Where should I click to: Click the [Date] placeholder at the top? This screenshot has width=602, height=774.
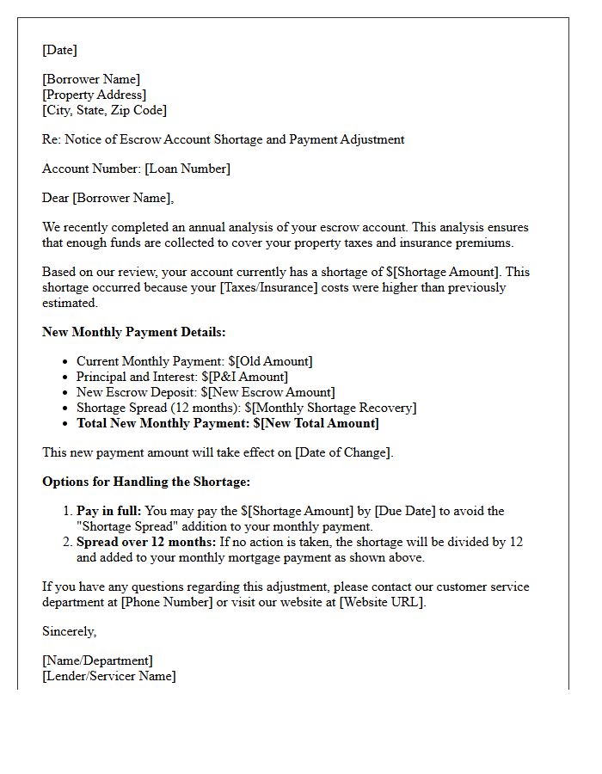[x=59, y=50]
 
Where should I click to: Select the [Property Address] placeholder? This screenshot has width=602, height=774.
[x=94, y=95]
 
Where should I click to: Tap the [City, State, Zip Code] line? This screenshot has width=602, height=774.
[x=104, y=110]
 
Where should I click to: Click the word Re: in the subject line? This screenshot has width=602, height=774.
[x=52, y=139]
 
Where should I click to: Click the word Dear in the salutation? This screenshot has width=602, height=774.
[x=56, y=198]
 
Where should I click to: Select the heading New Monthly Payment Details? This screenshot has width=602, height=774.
[x=133, y=332]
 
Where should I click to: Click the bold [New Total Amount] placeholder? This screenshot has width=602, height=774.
[x=320, y=423]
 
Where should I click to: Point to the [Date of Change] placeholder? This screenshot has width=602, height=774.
[x=343, y=452]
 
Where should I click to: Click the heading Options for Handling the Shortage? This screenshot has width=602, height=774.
[x=146, y=482]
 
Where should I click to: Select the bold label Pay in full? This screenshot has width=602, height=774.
[x=108, y=511]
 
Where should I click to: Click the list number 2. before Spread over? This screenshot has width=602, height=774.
[x=66, y=542]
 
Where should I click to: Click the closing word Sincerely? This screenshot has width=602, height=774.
[x=69, y=631]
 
